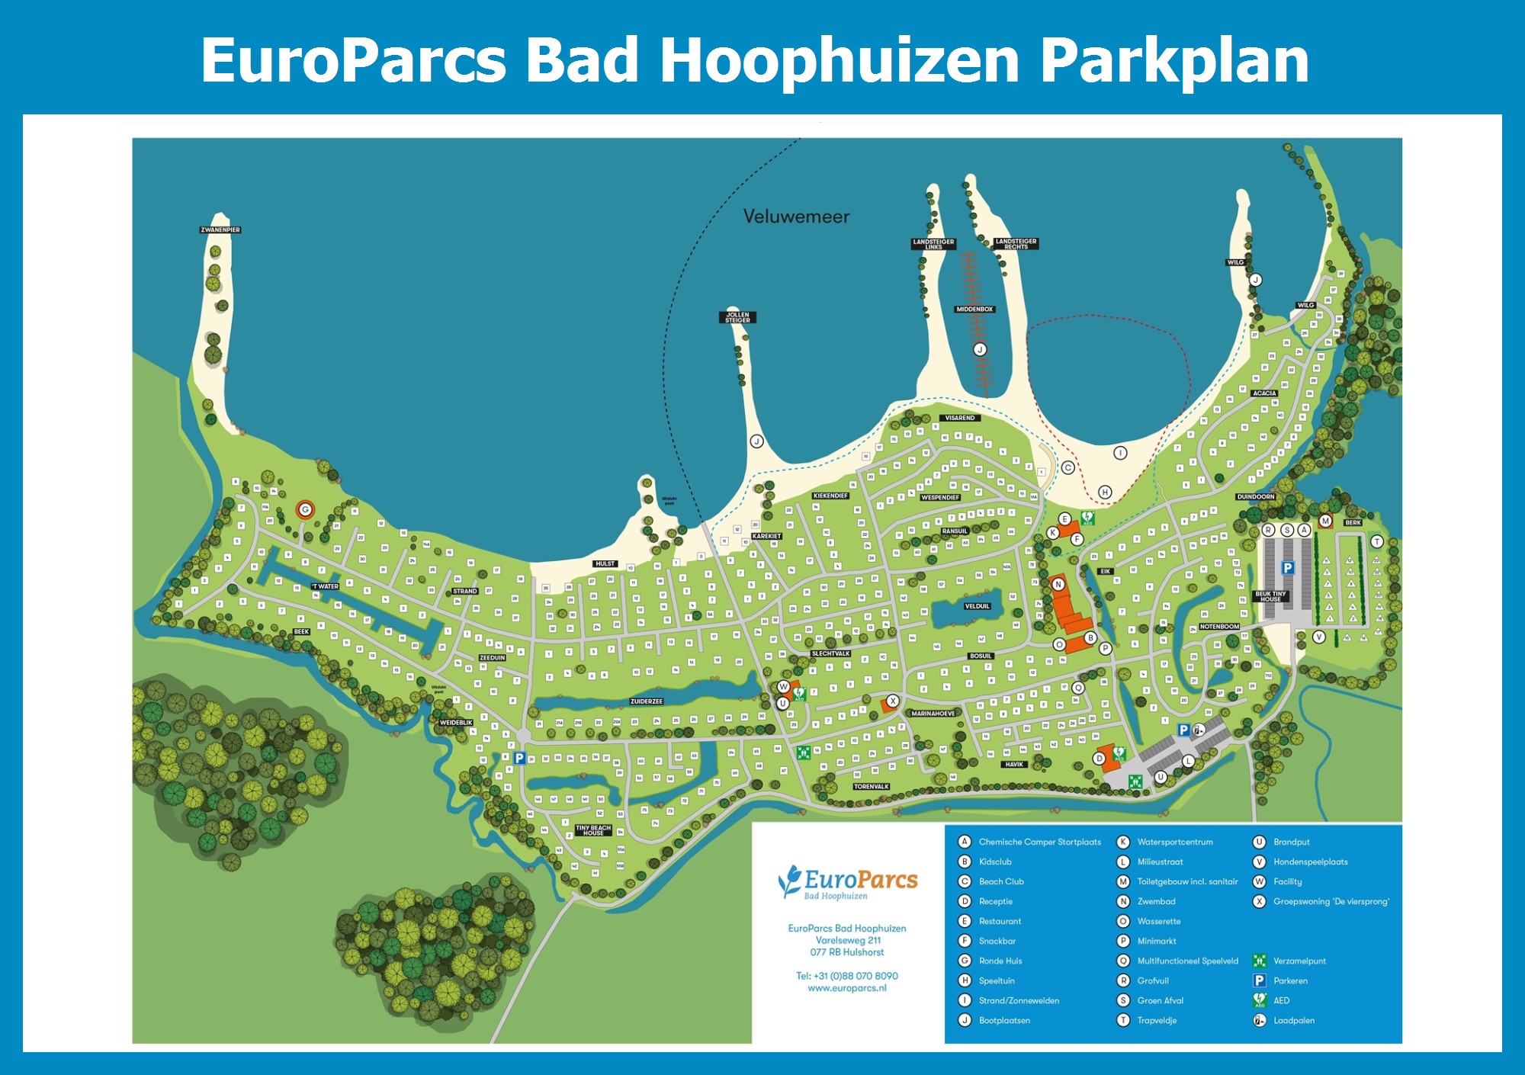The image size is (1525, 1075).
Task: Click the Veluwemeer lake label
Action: [796, 217]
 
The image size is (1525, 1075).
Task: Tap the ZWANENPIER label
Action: [220, 229]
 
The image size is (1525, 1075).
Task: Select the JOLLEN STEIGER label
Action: [737, 317]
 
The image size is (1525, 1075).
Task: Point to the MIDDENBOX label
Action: [974, 309]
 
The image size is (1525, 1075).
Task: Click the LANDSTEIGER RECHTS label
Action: [1016, 243]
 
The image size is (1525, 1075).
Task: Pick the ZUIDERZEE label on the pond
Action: [647, 701]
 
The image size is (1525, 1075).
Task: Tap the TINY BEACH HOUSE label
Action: [593, 830]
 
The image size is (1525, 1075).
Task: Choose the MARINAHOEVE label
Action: [933, 714]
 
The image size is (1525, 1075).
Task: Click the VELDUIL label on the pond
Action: [977, 606]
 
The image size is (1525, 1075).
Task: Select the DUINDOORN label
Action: [1255, 496]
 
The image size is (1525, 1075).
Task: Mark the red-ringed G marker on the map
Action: [305, 509]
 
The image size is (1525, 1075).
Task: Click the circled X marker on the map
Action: [893, 701]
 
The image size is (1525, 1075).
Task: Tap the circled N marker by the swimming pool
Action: [1058, 584]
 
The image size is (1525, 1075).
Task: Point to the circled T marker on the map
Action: [1376, 541]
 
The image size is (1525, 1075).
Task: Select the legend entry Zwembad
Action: [1156, 901]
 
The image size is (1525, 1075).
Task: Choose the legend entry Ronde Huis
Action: [1000, 961]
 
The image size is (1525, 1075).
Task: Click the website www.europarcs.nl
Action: [847, 988]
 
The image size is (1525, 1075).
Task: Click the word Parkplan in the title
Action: [1174, 61]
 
